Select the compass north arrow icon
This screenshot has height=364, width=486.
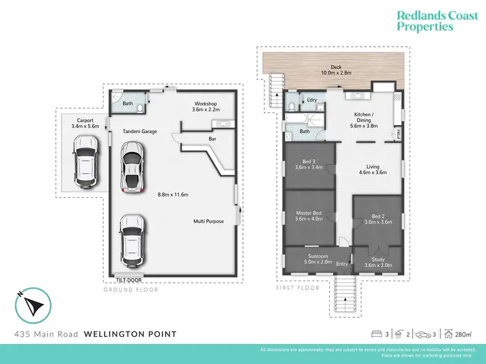(32, 306)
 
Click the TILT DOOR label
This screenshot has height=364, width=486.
(129, 280)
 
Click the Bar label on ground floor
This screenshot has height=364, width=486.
(212, 138)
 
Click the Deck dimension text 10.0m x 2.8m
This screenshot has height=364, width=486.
(336, 73)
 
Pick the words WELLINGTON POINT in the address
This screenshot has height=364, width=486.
(130, 334)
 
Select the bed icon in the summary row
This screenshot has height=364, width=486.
(376, 334)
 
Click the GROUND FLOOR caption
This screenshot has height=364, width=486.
(131, 290)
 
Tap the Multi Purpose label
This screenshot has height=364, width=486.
(209, 221)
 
